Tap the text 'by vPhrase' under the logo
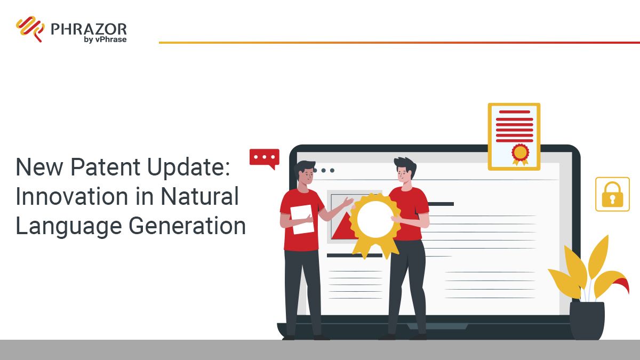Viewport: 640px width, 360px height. point(105,39)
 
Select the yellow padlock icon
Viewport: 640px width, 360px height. point(612,195)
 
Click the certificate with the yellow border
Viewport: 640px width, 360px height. point(514,137)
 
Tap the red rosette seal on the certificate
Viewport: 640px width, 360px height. point(520,153)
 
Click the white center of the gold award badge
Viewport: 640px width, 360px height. point(375,219)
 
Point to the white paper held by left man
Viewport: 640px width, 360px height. point(302,219)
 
